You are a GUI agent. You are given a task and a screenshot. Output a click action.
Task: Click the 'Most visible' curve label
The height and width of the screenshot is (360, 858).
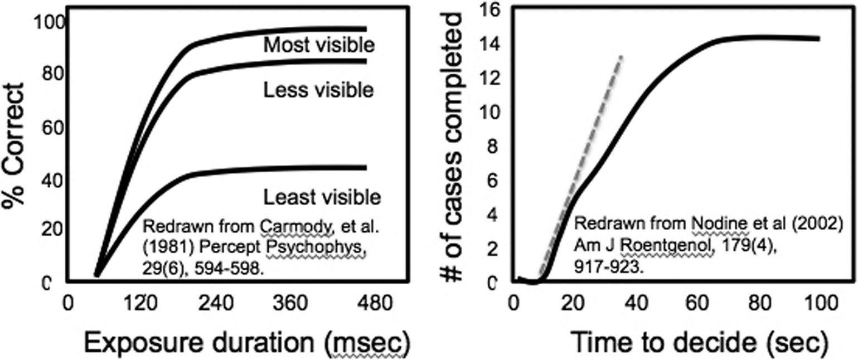tap(318, 46)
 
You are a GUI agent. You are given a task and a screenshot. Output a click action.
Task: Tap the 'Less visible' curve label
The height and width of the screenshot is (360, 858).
tap(318, 90)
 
